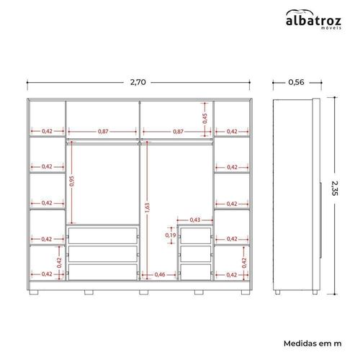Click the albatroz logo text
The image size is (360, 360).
coord(313,21)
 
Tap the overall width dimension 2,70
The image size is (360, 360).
coord(138,82)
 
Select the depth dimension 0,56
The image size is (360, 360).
coord(296,82)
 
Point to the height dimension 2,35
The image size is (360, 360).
coord(335,188)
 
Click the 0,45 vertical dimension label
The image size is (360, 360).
coord(204,119)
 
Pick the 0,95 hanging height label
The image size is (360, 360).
coord(72,181)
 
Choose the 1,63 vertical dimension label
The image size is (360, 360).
coord(147,207)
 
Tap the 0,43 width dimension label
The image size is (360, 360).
coord(195,220)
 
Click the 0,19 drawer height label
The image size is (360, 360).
coord(171,235)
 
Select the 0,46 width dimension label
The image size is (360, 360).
coord(160,274)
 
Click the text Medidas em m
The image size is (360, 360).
coord(312,343)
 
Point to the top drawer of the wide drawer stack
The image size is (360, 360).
coord(103,235)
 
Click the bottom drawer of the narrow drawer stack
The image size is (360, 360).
coord(196,272)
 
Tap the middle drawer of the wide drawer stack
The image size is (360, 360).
coord(103,254)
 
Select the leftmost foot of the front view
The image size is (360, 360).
coord(34,292)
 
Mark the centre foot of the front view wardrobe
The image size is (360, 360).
coord(144,292)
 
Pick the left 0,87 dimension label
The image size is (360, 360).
coord(103,132)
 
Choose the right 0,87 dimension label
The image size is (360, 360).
coord(179,132)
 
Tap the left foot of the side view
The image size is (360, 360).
coord(277,292)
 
